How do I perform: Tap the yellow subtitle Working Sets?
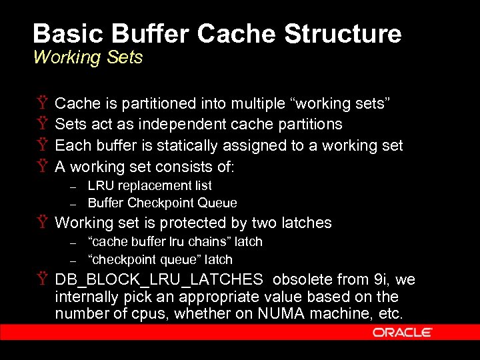point(88,57)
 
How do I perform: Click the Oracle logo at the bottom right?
point(403,332)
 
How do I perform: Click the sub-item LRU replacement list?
point(150,185)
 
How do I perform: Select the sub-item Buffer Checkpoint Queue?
point(163,203)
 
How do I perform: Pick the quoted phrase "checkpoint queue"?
point(144,259)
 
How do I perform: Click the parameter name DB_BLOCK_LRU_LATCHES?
point(159,280)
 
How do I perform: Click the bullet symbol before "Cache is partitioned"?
point(42,104)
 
